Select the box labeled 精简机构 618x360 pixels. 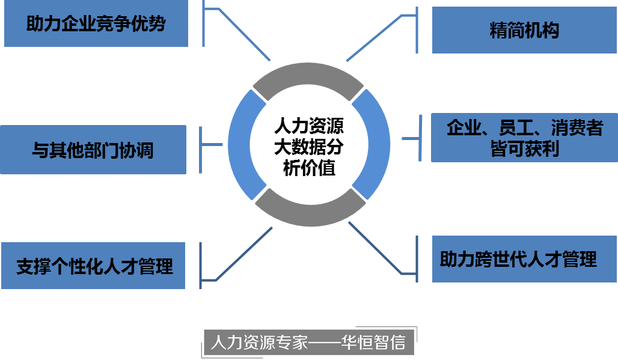click(x=524, y=31)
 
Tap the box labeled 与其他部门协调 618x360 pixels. click(x=93, y=149)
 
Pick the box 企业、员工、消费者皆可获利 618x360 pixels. click(x=524, y=138)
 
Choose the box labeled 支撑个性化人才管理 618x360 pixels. click(x=94, y=266)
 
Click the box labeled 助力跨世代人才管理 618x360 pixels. click(x=518, y=259)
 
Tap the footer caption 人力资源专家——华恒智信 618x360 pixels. click(x=308, y=343)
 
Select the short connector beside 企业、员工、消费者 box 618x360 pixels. click(x=411, y=139)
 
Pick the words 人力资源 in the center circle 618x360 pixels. click(x=309, y=127)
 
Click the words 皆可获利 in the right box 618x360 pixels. click(x=524, y=148)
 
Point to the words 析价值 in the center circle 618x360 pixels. click(x=309, y=168)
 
